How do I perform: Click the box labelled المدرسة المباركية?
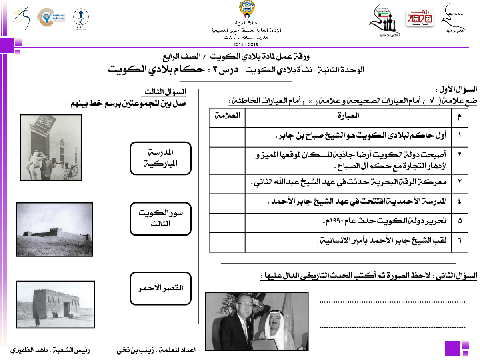tap(160, 158)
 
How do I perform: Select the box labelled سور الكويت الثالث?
tap(160, 219)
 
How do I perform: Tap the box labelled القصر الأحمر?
tap(160, 288)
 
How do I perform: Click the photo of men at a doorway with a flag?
tap(51, 148)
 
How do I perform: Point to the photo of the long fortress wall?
tap(54, 229)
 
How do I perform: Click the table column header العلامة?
tap(228, 116)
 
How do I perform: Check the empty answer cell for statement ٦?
tap(227, 242)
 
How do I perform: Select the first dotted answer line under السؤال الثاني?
tap(392, 302)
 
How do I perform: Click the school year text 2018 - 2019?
tap(246, 43)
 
